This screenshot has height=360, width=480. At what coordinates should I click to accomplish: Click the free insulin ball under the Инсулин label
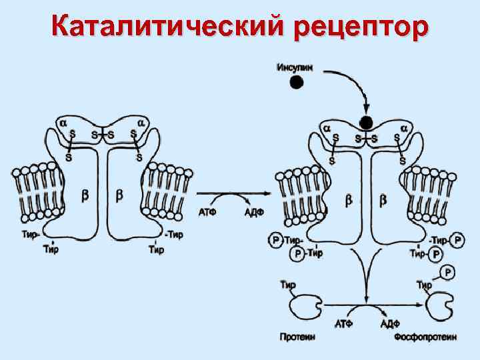[297, 82]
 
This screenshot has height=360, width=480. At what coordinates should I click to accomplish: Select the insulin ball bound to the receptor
[366, 123]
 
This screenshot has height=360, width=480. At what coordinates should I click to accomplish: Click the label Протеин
[297, 337]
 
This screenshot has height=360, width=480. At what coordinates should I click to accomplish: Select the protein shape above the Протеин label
[305, 307]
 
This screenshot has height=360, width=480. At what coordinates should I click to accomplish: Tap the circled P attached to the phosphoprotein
[449, 272]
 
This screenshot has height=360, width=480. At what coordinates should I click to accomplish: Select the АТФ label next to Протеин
[343, 324]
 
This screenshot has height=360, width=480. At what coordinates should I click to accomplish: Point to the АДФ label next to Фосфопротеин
[389, 324]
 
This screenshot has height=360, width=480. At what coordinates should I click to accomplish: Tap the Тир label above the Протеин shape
[288, 285]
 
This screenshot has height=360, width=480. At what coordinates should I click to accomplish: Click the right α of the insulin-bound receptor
[403, 127]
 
